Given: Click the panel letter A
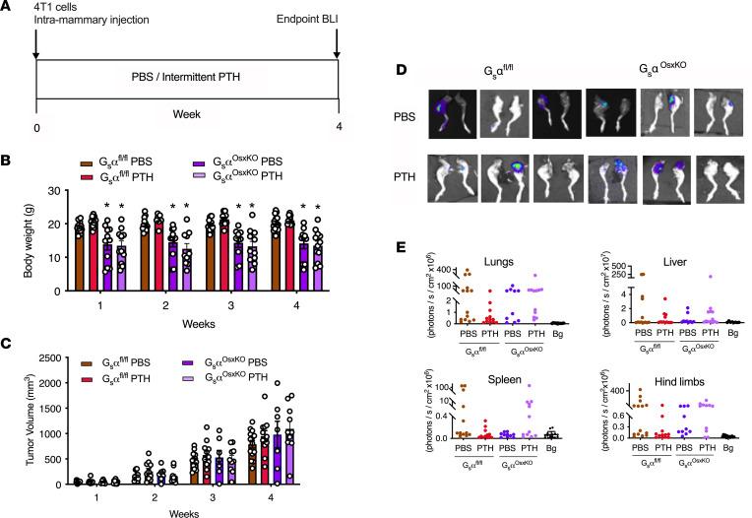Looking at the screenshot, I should (x=7, y=7).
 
